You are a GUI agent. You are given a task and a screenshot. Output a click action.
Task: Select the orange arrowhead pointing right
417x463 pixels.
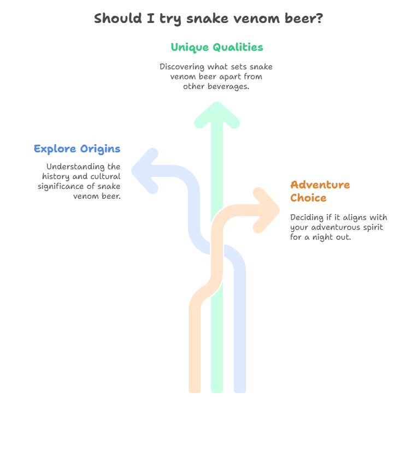pyautogui.click(x=266, y=210)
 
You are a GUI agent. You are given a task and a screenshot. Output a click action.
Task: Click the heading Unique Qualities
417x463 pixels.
pyautogui.click(x=217, y=48)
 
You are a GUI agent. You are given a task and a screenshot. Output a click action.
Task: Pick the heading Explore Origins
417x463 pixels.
pyautogui.click(x=77, y=149)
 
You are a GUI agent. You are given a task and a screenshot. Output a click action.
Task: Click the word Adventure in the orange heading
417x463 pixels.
pyautogui.click(x=320, y=185)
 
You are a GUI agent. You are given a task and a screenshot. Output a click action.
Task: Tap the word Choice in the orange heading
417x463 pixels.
pyautogui.click(x=308, y=198)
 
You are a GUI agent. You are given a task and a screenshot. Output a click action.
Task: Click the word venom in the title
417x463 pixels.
pyautogui.click(x=256, y=19)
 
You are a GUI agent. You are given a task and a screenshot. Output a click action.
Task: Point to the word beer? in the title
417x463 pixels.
pyautogui.click(x=304, y=19)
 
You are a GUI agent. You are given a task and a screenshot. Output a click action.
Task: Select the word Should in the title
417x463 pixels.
pyautogui.click(x=118, y=19)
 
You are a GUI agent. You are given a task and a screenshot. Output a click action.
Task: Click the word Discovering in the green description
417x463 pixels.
pyautogui.click(x=182, y=67)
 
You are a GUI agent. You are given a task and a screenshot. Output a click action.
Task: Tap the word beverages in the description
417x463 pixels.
pyautogui.click(x=227, y=86)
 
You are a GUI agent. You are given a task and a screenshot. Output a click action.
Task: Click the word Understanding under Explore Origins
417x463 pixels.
pyautogui.click(x=75, y=167)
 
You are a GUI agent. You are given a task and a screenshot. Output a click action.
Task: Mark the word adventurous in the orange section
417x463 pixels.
pyautogui.click(x=332, y=228)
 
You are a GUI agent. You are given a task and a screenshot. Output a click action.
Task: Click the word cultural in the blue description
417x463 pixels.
pyautogui.click(x=105, y=176)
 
